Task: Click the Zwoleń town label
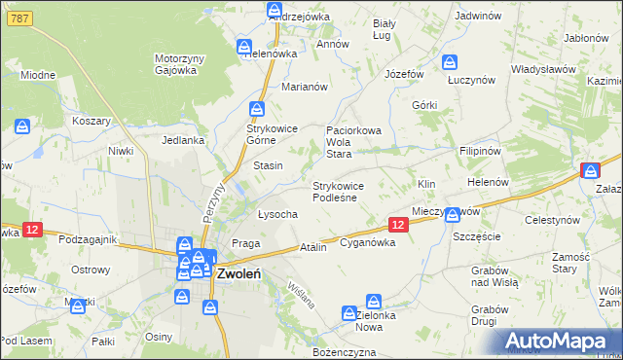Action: coord(238,273)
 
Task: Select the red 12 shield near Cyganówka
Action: coord(397,225)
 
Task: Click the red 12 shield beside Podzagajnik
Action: coord(32,230)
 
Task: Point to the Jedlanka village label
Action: coord(183,140)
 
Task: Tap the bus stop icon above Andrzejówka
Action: coord(275,10)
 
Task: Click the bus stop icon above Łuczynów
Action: coord(450,62)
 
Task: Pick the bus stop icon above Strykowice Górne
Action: coord(256,109)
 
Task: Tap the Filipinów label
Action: coord(480,152)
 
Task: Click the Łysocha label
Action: coord(277,214)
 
